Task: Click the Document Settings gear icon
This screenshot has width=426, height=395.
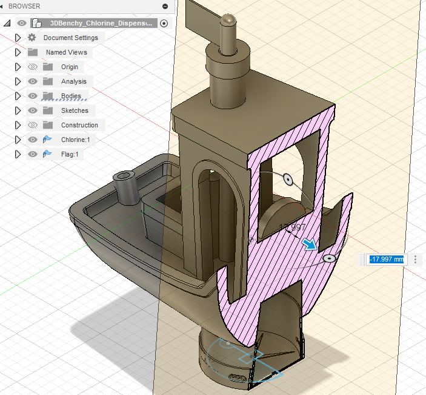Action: (32, 38)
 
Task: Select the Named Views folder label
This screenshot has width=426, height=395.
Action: (66, 52)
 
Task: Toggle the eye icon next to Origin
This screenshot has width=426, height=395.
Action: (33, 67)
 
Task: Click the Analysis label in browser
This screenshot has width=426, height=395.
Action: (73, 81)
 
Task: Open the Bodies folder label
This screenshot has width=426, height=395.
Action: (71, 96)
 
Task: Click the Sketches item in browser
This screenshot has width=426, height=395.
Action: (75, 110)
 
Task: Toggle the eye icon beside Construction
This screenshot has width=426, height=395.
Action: (33, 125)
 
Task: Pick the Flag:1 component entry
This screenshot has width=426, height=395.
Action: (68, 154)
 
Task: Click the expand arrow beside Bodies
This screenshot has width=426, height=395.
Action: (18, 96)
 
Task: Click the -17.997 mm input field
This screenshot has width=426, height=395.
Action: (386, 259)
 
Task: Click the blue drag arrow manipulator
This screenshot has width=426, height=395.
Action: (310, 245)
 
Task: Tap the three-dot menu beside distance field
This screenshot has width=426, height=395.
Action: (416, 259)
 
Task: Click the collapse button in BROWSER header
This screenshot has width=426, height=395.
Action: (165, 6)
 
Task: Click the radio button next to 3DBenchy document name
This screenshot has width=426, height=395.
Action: (164, 23)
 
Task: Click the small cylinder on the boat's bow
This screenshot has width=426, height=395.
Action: (125, 188)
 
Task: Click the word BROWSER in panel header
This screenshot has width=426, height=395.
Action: (24, 6)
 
